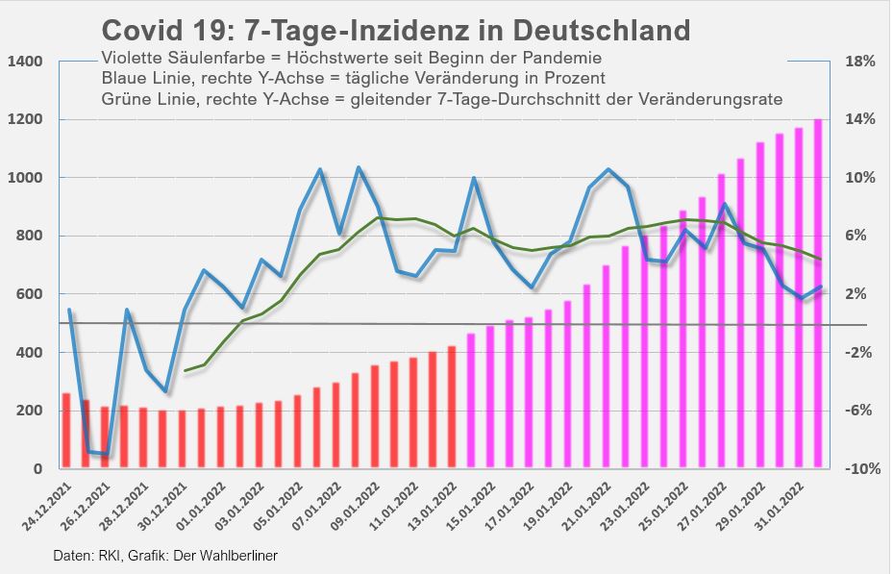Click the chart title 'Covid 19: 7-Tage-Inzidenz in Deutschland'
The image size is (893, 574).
pos(395,29)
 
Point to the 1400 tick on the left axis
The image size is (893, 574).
pos(26,62)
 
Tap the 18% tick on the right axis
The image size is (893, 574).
pos(858,62)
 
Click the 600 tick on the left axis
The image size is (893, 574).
pos(31,294)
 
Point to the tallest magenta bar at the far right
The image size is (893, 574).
pos(818,294)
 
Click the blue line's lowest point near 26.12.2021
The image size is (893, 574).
pos(106,455)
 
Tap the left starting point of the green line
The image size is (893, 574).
pos(185,371)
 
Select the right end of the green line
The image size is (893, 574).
pos(819,259)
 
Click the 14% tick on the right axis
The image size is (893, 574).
pos(858,119)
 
